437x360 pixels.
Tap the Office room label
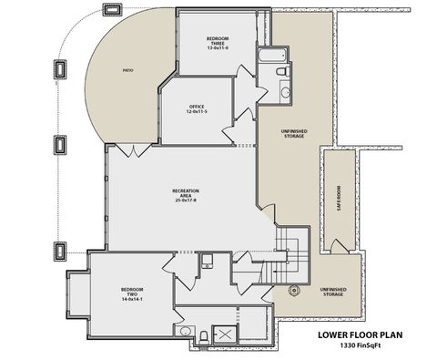197,108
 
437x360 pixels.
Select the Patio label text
129,70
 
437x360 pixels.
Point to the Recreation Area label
186,194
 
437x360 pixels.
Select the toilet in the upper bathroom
283,71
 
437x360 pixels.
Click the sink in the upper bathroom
284,91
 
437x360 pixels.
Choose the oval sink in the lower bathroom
185,330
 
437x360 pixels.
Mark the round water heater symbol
294,291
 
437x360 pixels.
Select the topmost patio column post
114,11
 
